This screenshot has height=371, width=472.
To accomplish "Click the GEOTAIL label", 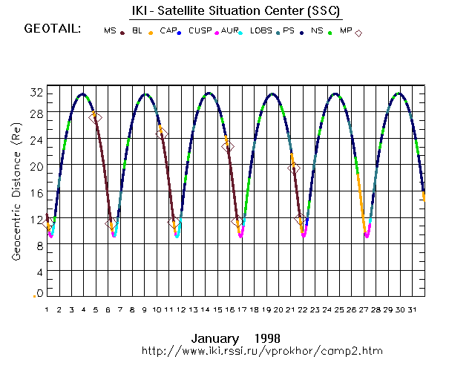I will [x=53, y=30].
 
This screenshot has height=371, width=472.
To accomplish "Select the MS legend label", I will [x=110, y=31].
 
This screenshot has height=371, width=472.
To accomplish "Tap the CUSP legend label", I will [x=199, y=31].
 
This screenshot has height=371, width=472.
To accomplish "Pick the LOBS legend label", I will [x=260, y=31].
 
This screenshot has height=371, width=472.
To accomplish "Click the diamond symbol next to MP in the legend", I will [x=358, y=33].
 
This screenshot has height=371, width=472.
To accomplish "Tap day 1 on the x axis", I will [x=47, y=309].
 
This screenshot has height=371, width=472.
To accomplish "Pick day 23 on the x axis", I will [x=315, y=309].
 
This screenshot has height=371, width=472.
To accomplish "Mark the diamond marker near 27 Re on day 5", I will [x=95, y=117].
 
